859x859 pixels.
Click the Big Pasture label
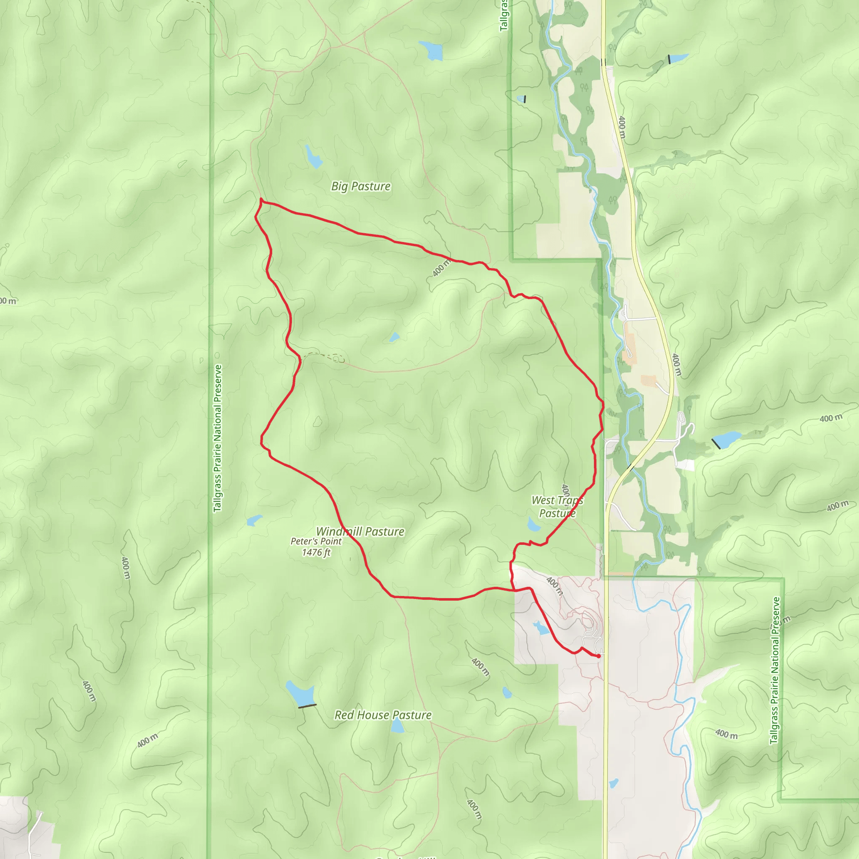click(361, 186)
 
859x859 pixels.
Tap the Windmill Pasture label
click(360, 531)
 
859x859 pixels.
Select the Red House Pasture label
click(383, 715)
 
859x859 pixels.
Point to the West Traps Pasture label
click(557, 507)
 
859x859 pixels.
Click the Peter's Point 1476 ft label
click(316, 547)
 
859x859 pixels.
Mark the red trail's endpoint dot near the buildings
click(599, 656)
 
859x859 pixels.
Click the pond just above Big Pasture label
click(313, 156)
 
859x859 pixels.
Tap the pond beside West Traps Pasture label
click(533, 525)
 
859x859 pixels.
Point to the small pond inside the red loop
click(394, 338)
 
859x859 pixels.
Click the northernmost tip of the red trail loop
click(261, 200)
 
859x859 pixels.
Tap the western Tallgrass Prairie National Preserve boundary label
click(217, 438)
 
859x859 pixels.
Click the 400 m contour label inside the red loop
click(441, 268)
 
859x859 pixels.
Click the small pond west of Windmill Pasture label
click(254, 520)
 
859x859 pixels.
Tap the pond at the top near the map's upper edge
click(431, 51)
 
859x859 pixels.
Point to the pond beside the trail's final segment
click(541, 628)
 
